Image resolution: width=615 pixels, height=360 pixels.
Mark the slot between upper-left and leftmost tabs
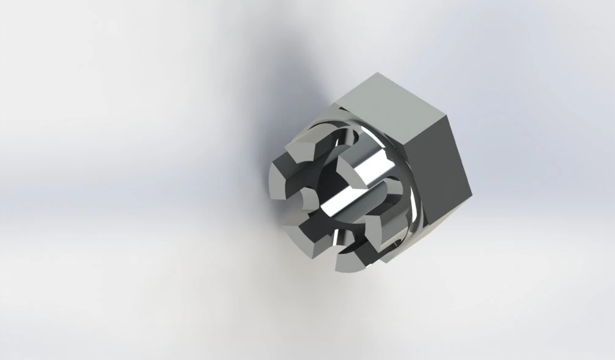[x=284, y=158]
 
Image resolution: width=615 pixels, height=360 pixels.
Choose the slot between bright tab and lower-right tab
[x=382, y=186]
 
